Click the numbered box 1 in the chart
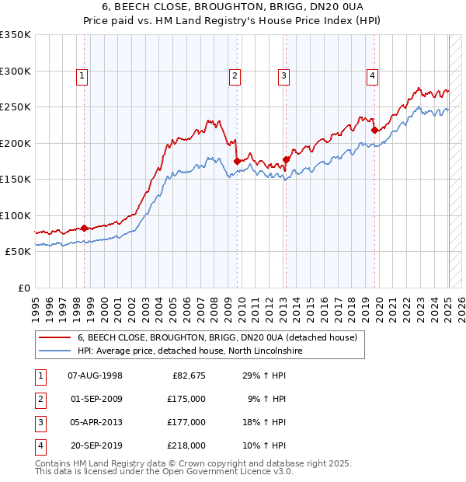click(x=82, y=75)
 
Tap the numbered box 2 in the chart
click(x=235, y=75)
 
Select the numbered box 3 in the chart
click(x=284, y=75)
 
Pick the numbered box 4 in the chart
click(x=373, y=75)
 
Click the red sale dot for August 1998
click(x=84, y=228)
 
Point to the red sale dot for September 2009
click(x=237, y=161)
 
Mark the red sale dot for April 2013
click(x=286, y=159)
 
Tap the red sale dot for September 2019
click(x=374, y=130)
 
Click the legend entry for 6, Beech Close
click(x=217, y=337)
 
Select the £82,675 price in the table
click(x=189, y=375)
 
